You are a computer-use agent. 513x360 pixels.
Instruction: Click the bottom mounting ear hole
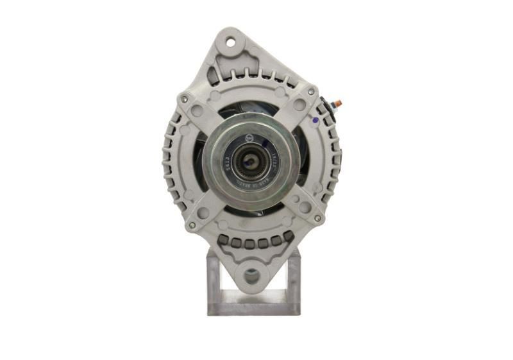(x=251, y=276)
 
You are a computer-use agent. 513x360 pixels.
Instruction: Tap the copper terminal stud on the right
(x=339, y=103)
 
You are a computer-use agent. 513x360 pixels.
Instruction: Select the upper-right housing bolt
(x=310, y=92)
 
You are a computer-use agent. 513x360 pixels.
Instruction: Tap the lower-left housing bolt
(x=191, y=225)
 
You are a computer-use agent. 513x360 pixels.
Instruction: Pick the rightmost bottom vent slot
(x=288, y=237)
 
